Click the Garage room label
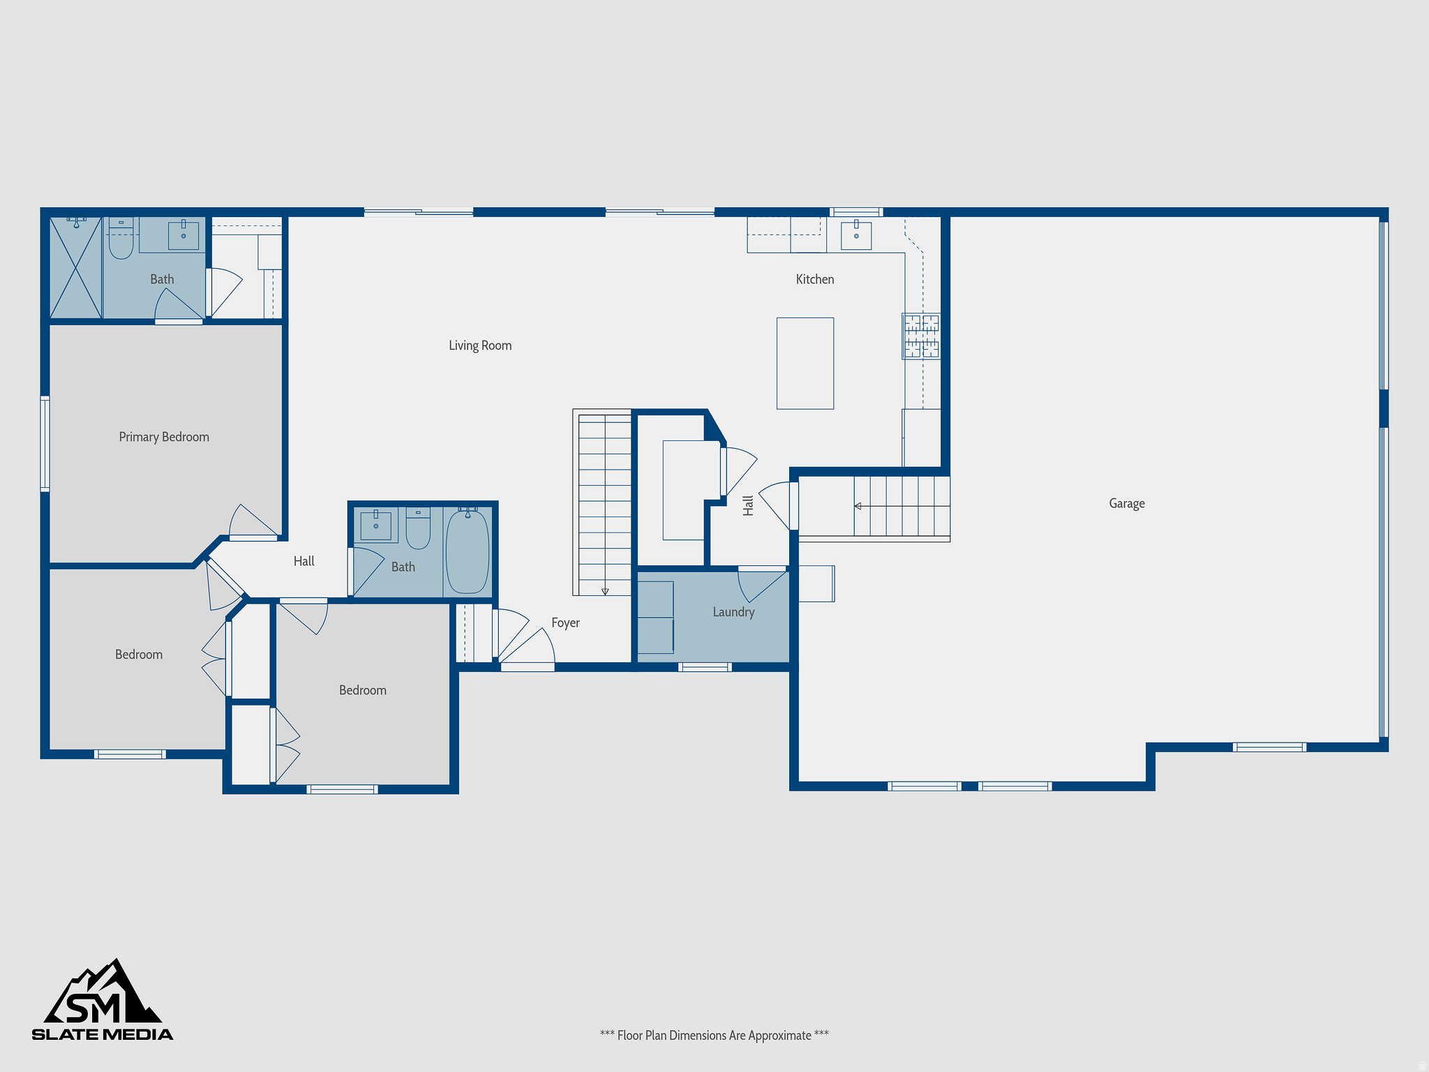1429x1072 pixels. (1126, 503)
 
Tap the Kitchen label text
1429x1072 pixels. (814, 279)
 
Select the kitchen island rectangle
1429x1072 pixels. (805, 363)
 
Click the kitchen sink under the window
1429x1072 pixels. (856, 234)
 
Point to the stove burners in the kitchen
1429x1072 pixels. (921, 336)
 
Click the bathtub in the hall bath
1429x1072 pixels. (467, 551)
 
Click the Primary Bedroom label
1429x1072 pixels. (164, 437)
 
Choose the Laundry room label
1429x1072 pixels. (733, 612)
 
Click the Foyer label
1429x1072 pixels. (565, 623)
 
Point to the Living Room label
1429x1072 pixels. (480, 345)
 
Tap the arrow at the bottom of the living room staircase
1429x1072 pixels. (605, 591)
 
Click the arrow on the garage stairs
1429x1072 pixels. (858, 506)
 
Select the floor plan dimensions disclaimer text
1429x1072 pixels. (714, 1035)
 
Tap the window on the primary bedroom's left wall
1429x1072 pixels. (45, 444)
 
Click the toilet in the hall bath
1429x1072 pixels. (418, 530)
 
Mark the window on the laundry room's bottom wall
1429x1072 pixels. (705, 667)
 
